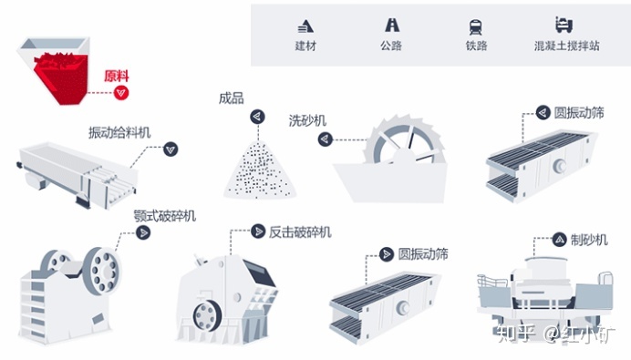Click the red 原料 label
pos(117,76)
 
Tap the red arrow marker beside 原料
pos(120,93)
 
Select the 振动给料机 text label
pos(119,132)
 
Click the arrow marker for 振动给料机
pos(171,149)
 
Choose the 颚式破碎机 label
pos(165,216)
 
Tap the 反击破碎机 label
pos(300,232)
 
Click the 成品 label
pos(231,98)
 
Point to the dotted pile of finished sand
pos(260,170)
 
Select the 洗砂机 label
pos(307,120)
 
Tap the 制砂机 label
pos(589,240)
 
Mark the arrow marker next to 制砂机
pos(559,240)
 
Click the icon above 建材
pos(305,26)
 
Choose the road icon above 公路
pos(391,25)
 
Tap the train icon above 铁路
pos(476,27)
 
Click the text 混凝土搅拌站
pos(566,46)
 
